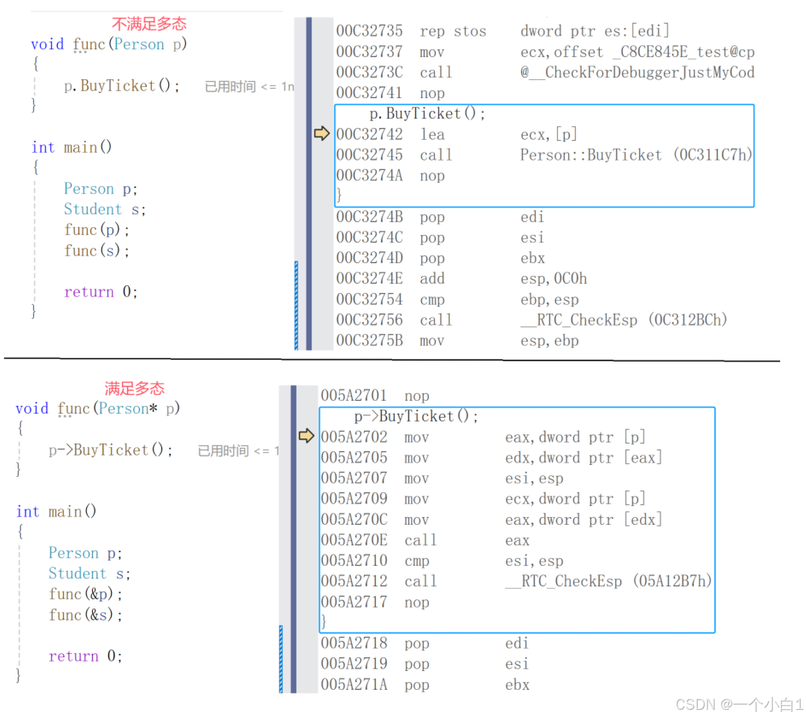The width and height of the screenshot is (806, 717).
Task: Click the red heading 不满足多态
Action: [149, 24]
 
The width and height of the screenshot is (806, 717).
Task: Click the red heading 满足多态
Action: [134, 388]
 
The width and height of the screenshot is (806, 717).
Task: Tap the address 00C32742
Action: [369, 134]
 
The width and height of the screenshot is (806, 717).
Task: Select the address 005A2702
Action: [354, 437]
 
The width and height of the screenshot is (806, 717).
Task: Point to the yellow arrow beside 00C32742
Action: [322, 134]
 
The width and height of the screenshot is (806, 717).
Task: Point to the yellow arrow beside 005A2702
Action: [306, 436]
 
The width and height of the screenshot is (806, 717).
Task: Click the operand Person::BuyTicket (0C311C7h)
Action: [636, 155]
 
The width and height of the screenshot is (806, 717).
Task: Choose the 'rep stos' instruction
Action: [452, 31]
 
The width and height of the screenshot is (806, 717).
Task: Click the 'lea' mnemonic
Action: [432, 134]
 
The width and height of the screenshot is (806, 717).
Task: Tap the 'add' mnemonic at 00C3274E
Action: [432, 279]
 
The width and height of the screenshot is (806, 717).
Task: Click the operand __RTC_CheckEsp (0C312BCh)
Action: [624, 320]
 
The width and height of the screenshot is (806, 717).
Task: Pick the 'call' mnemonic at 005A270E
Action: [421, 540]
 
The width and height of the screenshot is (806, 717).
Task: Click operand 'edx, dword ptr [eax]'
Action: [583, 458]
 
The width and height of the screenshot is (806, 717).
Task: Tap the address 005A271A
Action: [354, 685]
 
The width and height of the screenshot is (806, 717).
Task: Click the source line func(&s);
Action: [85, 614]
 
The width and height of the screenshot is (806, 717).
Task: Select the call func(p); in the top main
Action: [97, 230]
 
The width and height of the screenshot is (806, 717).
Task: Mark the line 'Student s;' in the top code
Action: [104, 209]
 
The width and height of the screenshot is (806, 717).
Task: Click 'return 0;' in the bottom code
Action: [85, 656]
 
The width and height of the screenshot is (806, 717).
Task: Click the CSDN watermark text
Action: [739, 705]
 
